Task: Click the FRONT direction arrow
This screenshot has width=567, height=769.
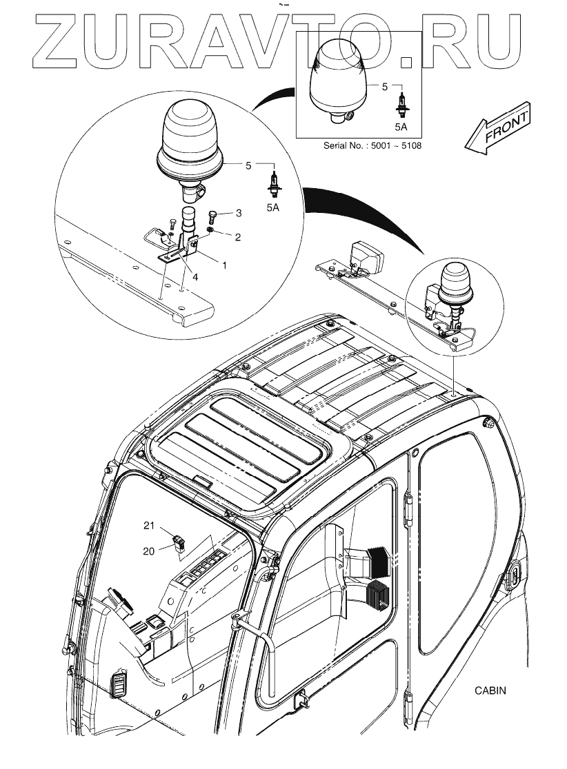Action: click(499, 130)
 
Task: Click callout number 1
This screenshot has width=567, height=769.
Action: click(222, 264)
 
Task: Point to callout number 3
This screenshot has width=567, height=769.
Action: click(238, 212)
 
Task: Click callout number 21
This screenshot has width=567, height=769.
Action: click(148, 526)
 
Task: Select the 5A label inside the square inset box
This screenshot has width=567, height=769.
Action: click(401, 127)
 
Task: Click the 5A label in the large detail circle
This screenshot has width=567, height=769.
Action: click(274, 206)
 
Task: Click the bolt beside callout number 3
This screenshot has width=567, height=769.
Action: click(212, 216)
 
